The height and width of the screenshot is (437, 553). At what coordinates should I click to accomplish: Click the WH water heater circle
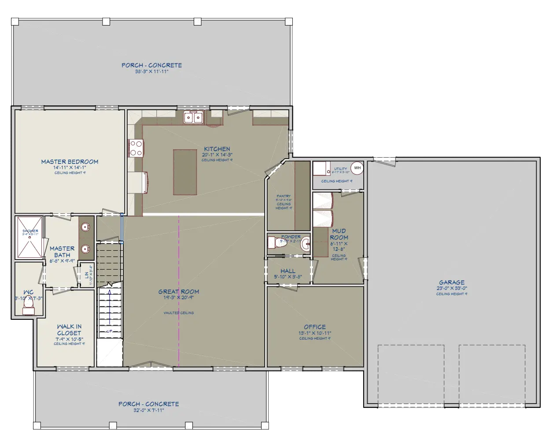357,168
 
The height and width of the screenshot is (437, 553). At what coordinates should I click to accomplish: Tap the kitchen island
185,171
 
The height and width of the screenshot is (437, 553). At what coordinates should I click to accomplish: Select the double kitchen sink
194,117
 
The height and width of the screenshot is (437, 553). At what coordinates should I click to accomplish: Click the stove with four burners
136,148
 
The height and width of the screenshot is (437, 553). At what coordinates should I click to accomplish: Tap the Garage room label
451,282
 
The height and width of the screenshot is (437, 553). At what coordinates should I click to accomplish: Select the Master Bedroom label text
70,162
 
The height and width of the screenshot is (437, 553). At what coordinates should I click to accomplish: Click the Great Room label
178,291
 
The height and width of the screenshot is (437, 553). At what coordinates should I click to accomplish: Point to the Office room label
315,327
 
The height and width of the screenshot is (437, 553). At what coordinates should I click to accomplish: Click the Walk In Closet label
69,330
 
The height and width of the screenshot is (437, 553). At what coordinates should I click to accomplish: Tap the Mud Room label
339,234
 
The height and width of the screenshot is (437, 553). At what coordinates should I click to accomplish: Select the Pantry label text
284,196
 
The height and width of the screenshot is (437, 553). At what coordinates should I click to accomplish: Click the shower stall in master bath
30,237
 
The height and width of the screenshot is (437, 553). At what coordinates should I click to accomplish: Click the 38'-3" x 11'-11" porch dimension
151,71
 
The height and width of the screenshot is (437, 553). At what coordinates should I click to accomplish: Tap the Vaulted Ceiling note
178,313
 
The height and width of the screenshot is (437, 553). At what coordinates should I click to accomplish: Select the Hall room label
288,271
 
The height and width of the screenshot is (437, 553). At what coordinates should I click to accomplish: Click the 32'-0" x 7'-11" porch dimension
148,410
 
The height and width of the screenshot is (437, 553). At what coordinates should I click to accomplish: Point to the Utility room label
340,169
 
